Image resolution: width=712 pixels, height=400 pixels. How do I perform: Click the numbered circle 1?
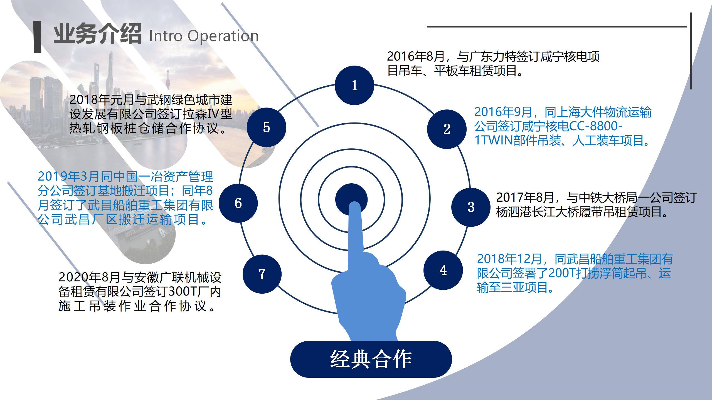(354, 85)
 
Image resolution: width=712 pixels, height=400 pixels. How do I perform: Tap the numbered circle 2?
(447, 129)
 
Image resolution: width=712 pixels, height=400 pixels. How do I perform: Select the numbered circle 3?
(471, 207)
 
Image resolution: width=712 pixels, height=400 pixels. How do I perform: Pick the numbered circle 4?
(443, 270)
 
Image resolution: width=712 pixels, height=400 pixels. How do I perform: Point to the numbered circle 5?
(267, 127)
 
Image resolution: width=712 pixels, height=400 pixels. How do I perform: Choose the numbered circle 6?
(238, 203)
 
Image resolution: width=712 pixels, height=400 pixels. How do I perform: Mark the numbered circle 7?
(262, 274)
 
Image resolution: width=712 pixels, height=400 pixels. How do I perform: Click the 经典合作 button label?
(371, 359)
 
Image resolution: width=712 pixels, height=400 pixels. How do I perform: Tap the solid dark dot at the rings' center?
(351, 199)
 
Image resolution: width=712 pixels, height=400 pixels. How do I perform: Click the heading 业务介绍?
(97, 34)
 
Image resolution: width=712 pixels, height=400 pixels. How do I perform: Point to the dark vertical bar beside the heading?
(37, 37)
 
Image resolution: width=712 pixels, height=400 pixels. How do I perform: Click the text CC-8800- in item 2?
(596, 126)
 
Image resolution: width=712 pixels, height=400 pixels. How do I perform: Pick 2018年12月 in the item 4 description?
(509, 259)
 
